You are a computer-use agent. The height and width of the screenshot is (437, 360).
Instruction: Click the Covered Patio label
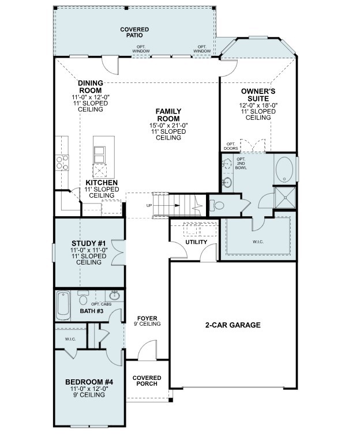pos(134,32)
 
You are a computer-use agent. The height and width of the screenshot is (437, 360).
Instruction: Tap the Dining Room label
pos(90,86)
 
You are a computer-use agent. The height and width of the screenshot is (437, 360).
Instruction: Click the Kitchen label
pos(102,183)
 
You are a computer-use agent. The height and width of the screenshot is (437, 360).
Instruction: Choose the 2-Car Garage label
pos(233,325)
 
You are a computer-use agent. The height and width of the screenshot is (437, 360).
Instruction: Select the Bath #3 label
pos(91,311)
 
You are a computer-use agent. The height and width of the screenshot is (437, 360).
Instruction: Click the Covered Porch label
pos(147,381)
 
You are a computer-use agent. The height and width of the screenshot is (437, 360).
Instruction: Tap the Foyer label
pos(147,318)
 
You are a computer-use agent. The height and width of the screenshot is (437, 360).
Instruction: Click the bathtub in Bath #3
pos(63,306)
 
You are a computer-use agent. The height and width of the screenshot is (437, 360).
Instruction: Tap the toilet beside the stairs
pos(218,204)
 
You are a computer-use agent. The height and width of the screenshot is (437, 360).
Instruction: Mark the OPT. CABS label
pos(102,304)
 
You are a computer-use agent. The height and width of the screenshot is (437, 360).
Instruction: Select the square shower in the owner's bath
pos(283,197)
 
